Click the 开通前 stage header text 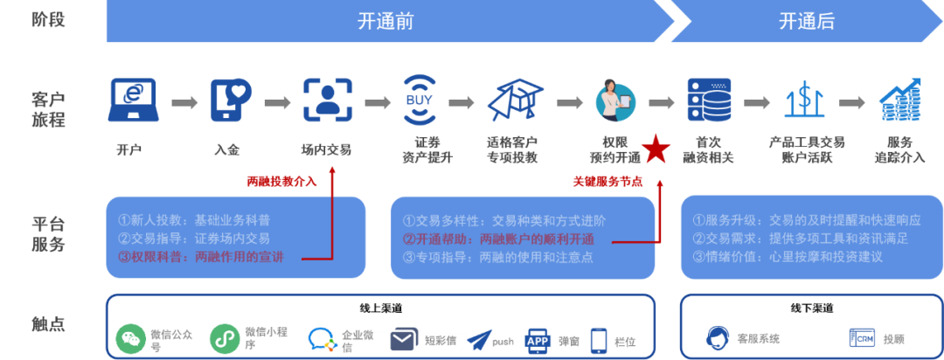(x=385, y=22)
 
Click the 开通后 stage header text (x=807, y=22)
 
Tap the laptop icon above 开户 (x=132, y=100)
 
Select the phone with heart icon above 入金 (x=230, y=100)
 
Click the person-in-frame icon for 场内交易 (x=328, y=100)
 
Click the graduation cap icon (x=514, y=100)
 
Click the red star (x=656, y=149)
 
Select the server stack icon (x=708, y=100)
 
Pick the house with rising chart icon (x=899, y=100)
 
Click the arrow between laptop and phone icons (x=184, y=103)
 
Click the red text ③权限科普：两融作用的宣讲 (x=207, y=257)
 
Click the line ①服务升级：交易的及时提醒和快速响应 (x=806, y=221)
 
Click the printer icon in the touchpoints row (x=537, y=339)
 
